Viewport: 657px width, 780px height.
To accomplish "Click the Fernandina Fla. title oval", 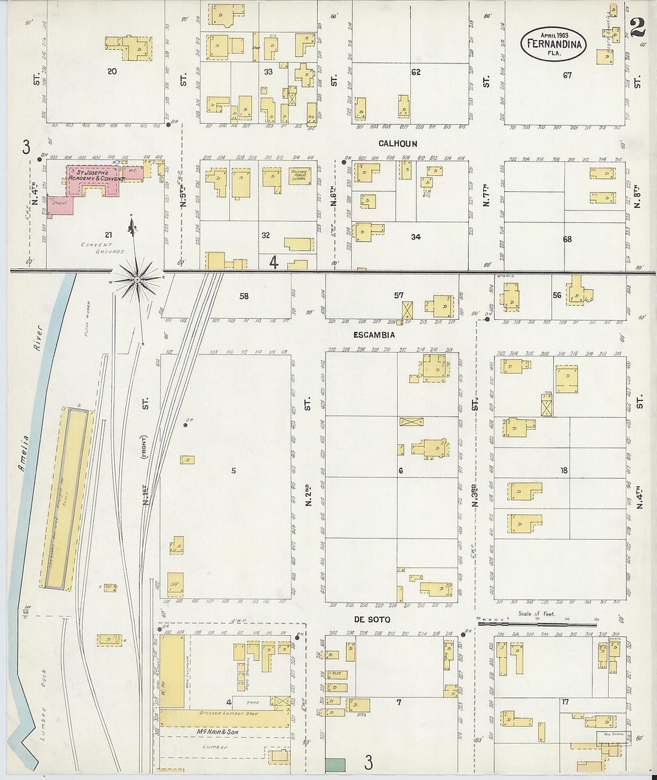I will coord(553,43).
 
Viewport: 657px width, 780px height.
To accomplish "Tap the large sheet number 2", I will coord(637,27).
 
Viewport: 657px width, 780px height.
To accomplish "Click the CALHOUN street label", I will coord(397,143).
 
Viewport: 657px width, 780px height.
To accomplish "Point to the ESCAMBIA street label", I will coord(374,335).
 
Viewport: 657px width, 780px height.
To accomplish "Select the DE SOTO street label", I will coord(372,619).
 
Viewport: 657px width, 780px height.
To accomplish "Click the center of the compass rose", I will coord(137,279).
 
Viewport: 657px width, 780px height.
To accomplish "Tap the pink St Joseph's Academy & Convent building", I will coord(96,179).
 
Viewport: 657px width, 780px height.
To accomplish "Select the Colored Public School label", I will coord(299,175).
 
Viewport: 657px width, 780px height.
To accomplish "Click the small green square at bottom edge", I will coord(335,764).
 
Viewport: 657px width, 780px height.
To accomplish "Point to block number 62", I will coord(416,72).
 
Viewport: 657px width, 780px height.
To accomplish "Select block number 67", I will coord(567,75).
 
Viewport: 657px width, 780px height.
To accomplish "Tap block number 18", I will coord(563,470).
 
